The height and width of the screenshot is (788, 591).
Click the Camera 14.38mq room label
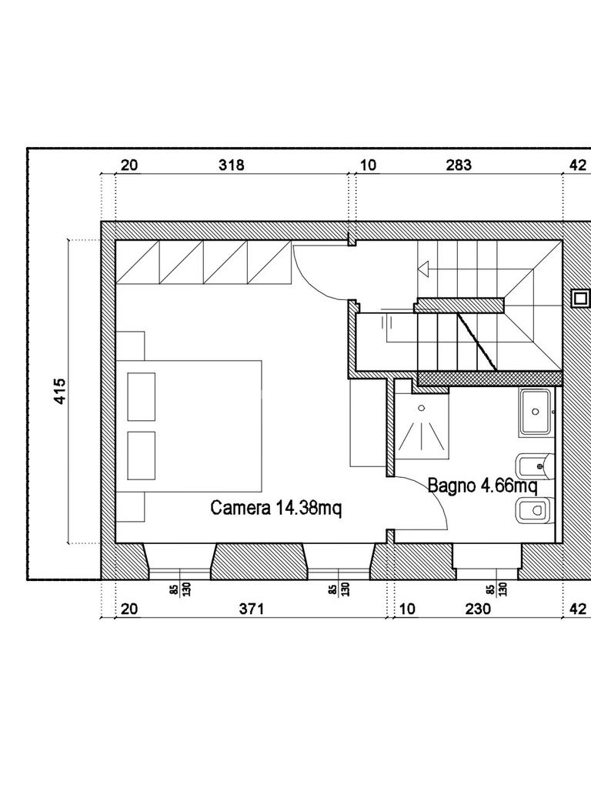(276, 508)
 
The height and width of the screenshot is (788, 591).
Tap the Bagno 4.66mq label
(482, 486)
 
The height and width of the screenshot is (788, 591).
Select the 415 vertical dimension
(60, 391)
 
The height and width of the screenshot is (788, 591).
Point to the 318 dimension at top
(231, 165)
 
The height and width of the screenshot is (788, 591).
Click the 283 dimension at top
(459, 165)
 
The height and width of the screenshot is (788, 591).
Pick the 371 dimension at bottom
(252, 609)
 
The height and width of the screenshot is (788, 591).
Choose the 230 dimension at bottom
(477, 609)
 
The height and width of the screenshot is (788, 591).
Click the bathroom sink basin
(536, 412)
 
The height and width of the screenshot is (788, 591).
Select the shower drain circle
(421, 408)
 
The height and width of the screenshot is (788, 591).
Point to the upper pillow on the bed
(142, 396)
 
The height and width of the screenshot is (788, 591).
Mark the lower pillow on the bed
(142, 456)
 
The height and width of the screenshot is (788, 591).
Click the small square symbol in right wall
(580, 299)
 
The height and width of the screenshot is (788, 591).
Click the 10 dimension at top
(369, 165)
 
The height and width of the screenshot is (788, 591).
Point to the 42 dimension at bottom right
(578, 609)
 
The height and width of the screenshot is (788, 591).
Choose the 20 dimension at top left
(129, 165)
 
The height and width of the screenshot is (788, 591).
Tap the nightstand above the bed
(130, 346)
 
